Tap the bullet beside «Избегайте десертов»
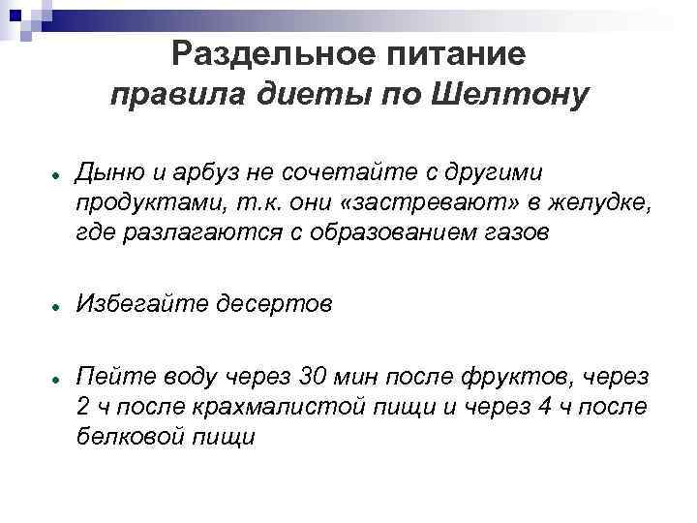[59, 305]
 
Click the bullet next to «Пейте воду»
[59, 376]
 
